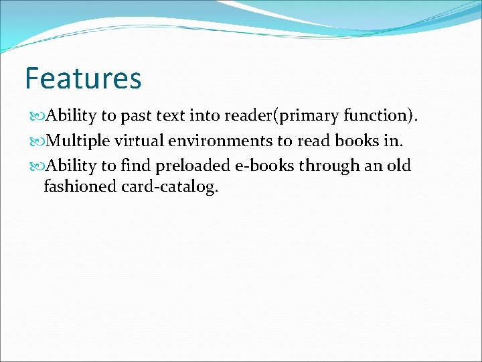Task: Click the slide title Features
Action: pyautogui.click(x=83, y=78)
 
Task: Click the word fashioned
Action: pyautogui.click(x=80, y=187)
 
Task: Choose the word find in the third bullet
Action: pyautogui.click(x=136, y=166)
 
